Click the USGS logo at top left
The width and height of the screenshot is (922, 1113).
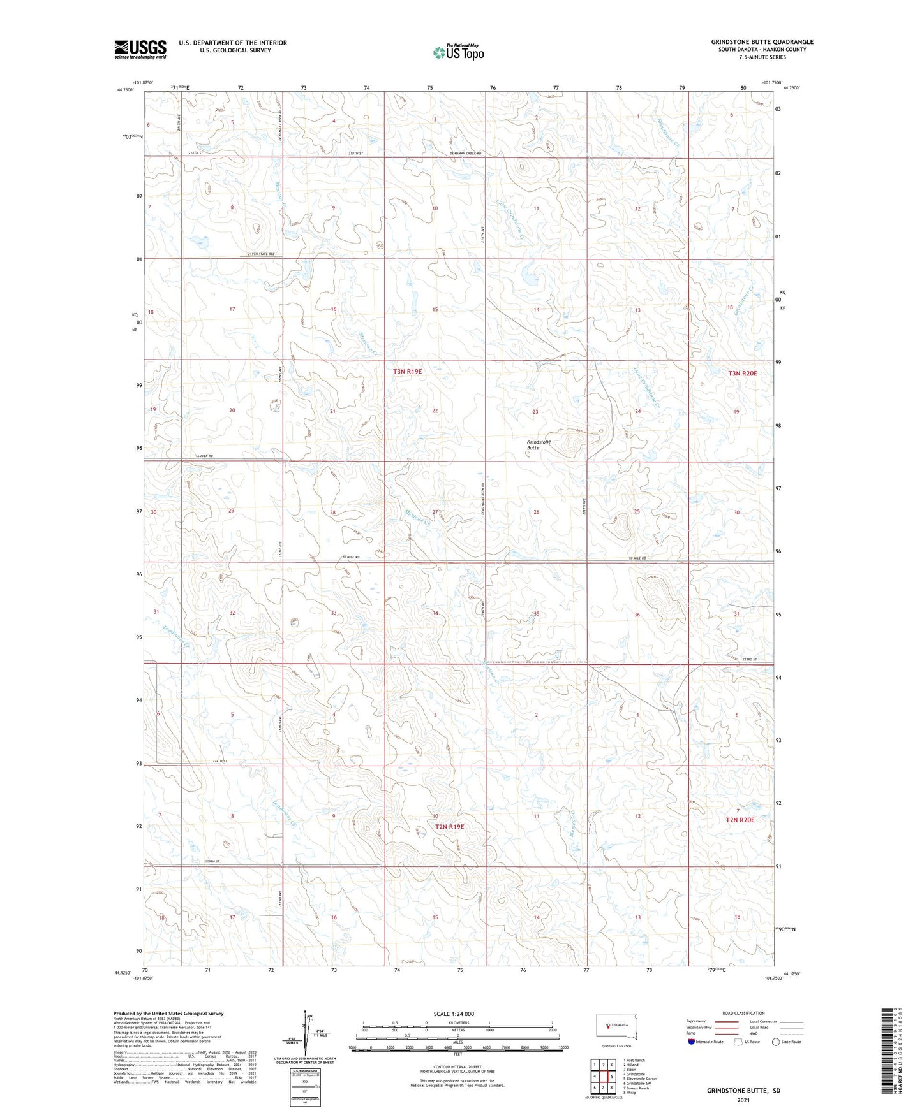[140, 49]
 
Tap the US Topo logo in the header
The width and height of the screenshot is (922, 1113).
[458, 52]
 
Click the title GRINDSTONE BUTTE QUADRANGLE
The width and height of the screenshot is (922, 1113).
[762, 42]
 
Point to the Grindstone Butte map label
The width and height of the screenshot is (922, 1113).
[538, 444]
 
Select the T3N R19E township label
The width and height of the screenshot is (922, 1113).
[407, 371]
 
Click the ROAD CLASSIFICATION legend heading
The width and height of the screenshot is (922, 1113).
[743, 1013]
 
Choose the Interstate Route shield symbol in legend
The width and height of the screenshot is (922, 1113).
[692, 1042]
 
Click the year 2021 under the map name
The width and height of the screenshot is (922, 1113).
[743, 1100]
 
